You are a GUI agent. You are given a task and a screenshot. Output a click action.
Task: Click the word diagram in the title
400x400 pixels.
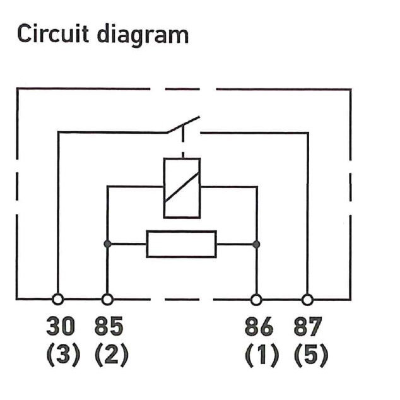click(x=143, y=35)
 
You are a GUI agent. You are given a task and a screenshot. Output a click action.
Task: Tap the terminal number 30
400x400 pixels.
click(x=61, y=328)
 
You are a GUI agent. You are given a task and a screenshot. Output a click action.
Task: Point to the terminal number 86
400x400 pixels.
click(x=259, y=328)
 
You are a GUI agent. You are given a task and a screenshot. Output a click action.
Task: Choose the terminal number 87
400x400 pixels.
click(x=308, y=328)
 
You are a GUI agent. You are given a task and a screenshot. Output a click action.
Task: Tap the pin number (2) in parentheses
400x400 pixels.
click(x=111, y=355)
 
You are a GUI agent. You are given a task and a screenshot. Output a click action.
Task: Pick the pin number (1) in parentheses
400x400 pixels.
click(x=260, y=355)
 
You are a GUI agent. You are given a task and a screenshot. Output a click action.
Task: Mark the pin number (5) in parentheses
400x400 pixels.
click(x=310, y=355)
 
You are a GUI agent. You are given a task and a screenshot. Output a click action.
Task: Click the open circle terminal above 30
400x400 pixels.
click(x=57, y=299)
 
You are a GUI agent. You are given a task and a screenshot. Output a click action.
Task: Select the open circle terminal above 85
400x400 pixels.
click(x=108, y=299)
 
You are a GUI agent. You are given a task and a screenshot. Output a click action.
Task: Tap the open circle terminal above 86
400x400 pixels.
click(x=257, y=299)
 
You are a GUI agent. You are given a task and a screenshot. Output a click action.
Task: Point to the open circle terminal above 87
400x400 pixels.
click(x=307, y=299)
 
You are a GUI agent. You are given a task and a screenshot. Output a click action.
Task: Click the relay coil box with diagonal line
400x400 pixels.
click(x=182, y=187)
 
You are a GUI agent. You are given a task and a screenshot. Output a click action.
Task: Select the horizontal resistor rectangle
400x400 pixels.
click(x=182, y=244)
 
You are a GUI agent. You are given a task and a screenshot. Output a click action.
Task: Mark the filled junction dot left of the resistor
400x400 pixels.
click(x=108, y=244)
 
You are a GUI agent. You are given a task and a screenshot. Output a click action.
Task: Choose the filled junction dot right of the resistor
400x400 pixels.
click(x=256, y=244)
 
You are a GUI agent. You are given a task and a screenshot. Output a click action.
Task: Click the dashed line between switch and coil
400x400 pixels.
click(x=182, y=144)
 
